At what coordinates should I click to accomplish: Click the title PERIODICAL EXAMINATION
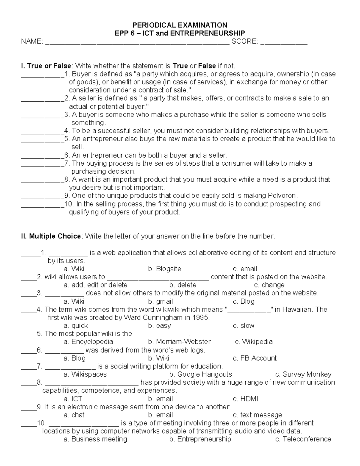click(180, 25)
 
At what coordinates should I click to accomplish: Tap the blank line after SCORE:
click(284, 42)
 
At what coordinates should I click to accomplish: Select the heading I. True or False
click(46, 66)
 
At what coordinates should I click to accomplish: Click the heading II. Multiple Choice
click(51, 236)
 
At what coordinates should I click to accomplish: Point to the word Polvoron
click(281, 196)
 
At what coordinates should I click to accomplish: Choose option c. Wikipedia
click(254, 342)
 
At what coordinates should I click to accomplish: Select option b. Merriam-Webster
click(179, 342)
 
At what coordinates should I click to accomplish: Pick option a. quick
click(76, 326)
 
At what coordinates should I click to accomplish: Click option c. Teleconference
click(303, 440)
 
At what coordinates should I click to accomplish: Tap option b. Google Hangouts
click(200, 374)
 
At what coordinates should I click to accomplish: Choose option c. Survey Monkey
click(303, 374)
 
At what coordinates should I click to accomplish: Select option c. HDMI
click(245, 399)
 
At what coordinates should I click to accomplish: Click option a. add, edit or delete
click(95, 285)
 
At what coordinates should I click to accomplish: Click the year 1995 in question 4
click(200, 318)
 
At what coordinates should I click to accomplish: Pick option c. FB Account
click(255, 358)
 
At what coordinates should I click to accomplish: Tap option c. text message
click(257, 415)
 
